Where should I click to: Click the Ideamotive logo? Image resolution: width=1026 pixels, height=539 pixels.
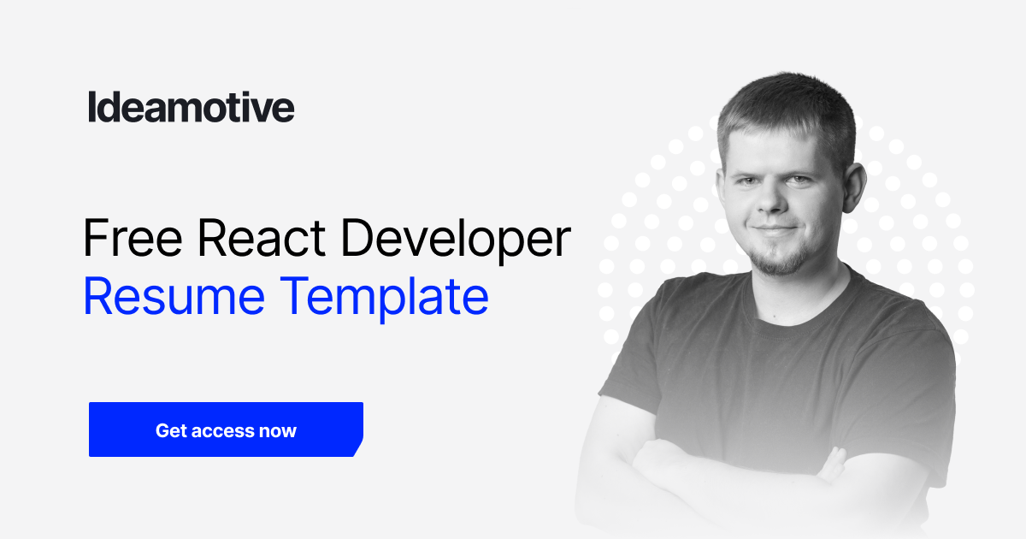[191, 108]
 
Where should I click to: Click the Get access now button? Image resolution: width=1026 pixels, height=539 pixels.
[226, 429]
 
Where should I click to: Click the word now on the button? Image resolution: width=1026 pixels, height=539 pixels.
[278, 430]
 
